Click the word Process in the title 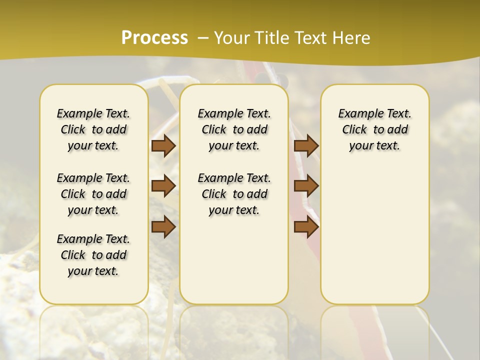tap(154, 38)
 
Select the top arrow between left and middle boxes tap(163, 145)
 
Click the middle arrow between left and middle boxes tap(163, 186)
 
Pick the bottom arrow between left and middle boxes tap(163, 227)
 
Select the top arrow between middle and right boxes tap(306, 145)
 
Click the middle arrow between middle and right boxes tap(306, 186)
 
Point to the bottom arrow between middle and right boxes tap(306, 227)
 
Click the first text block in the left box tap(93, 129)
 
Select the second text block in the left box tap(93, 194)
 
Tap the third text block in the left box tap(93, 255)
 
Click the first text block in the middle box tap(234, 129)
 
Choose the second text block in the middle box tap(234, 194)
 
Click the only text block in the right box tap(374, 129)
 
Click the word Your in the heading tap(231, 38)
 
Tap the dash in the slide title tap(203, 38)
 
